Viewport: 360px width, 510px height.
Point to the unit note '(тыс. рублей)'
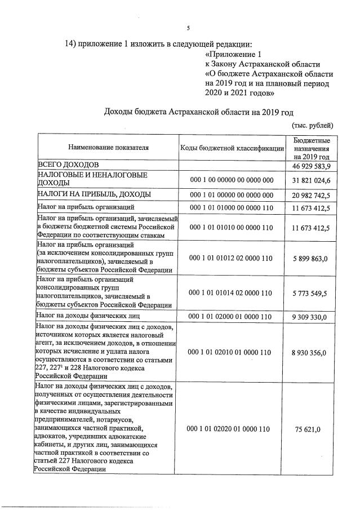coord(313,125)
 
